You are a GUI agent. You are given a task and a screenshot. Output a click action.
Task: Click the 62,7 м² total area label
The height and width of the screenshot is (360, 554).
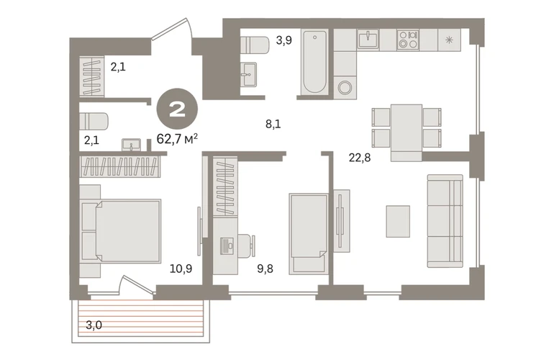pos(177,139)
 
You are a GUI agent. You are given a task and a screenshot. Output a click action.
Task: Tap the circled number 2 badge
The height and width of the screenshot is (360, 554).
pos(178,109)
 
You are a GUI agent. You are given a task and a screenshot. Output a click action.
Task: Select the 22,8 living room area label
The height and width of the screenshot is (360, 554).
pos(360,158)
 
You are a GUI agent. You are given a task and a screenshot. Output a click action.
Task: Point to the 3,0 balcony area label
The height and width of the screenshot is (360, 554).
pos(94,325)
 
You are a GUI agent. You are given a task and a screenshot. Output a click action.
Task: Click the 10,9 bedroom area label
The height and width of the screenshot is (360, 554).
pos(181,269)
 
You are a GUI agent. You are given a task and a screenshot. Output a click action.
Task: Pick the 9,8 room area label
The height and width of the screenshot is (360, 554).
pos(265,269)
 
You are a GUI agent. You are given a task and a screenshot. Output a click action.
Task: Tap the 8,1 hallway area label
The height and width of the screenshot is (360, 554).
pos(273,124)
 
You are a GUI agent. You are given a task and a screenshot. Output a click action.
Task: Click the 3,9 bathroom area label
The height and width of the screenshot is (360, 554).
pos(284,40)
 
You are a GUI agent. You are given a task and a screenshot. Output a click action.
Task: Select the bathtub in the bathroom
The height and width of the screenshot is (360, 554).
pos(314,62)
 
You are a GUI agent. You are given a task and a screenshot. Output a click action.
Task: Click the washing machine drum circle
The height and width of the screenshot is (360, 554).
pos(345,87)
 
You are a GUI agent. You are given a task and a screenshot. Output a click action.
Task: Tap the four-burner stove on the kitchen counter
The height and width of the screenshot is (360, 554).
pos(408,40)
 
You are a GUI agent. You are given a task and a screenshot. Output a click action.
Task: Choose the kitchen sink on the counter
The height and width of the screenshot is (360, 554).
pos(368,39)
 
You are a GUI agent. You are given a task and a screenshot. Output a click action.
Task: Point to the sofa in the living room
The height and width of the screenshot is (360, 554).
pos(445,221)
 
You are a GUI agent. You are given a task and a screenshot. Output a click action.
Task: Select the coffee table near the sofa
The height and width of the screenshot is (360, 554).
pos(398,221)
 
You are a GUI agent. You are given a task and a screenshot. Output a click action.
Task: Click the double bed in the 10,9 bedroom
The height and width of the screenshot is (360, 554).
pos(121,231)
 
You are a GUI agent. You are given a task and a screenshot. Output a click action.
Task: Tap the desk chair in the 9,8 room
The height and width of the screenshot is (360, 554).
pos(247,244)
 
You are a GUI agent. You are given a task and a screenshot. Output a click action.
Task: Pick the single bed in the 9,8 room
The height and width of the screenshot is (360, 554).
pos(309,234)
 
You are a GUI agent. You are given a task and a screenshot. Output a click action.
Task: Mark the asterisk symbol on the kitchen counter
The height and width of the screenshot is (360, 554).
pos(449,40)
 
